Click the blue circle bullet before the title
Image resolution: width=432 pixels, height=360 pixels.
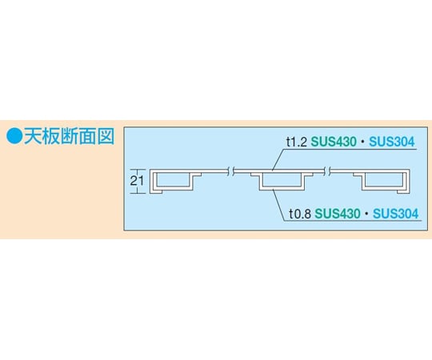pos(14,137)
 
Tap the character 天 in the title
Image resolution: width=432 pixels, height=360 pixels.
pos(33,137)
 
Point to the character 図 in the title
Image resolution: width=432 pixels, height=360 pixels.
pos(106,137)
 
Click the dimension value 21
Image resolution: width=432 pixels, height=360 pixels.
pos(137,181)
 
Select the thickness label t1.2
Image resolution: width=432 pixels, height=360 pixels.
pos(297,142)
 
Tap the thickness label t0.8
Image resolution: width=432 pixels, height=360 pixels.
pos(300,214)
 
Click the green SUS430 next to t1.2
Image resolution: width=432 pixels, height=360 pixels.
pos(334,142)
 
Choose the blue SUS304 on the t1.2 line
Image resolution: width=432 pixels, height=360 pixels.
pos(392,142)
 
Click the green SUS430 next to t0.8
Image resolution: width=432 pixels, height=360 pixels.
pos(338,214)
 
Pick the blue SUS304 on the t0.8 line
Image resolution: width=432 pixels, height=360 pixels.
pos(396,214)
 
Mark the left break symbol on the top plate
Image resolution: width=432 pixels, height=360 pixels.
pos(231,171)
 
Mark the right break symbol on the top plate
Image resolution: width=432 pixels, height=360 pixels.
pos(327,171)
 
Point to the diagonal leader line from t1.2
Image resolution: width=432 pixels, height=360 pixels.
pos(278,160)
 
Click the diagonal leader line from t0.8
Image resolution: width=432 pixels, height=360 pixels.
pos(278,205)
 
